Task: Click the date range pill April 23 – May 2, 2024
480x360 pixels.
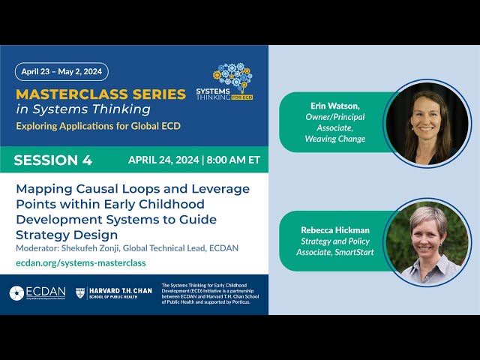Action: (x=61, y=72)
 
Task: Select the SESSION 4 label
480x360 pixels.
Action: (x=53, y=160)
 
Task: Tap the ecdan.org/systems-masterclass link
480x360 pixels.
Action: (x=81, y=262)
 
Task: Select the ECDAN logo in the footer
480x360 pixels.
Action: (x=37, y=293)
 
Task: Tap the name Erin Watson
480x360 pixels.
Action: (x=335, y=106)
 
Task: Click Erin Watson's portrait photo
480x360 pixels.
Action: (x=426, y=123)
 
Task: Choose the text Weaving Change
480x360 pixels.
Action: (x=335, y=139)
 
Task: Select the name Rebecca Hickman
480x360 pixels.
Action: (x=335, y=229)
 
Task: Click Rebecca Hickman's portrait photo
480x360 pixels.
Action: (x=426, y=243)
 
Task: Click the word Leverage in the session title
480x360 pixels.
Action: (x=220, y=189)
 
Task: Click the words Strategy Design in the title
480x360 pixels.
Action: (x=67, y=234)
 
